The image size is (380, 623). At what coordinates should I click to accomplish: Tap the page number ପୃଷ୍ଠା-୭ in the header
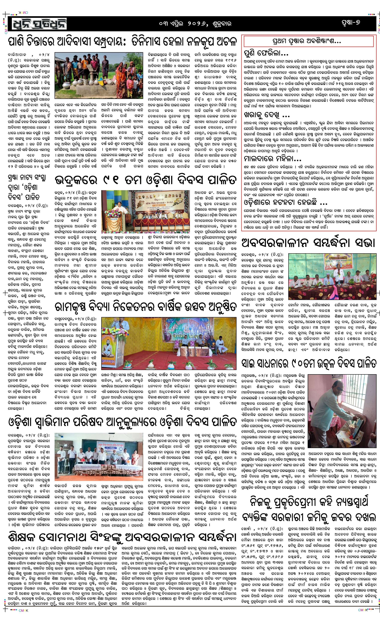pyautogui.click(x=350, y=23)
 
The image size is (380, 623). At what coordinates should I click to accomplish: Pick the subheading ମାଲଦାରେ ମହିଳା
pyautogui.click(x=272, y=159)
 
